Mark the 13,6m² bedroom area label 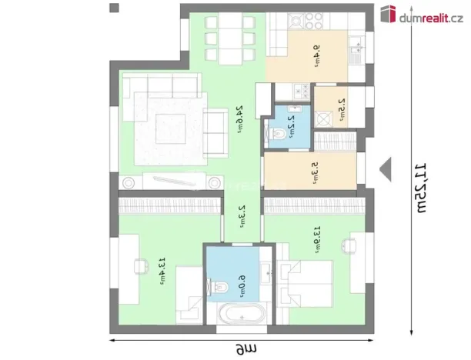coord(316,239)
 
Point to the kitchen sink coord(355,52)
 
